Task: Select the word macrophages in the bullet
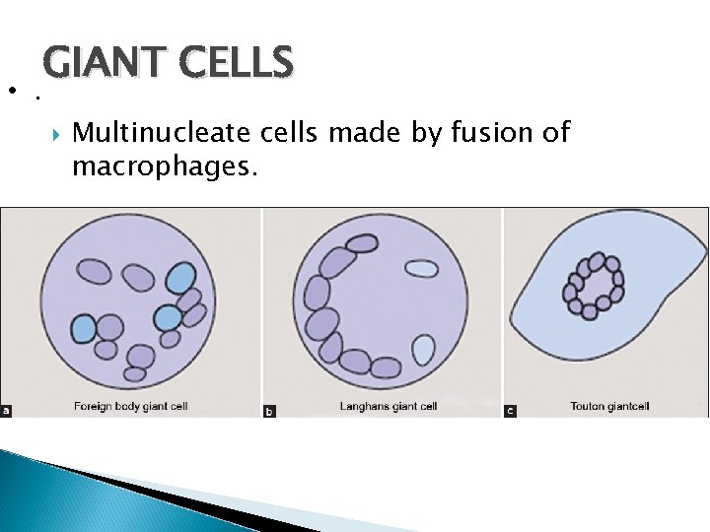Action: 165,166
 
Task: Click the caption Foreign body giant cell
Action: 130,405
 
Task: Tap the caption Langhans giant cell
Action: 388,405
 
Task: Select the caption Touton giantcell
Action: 610,405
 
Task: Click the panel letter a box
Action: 7,409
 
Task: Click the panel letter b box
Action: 270,410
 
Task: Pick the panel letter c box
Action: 510,410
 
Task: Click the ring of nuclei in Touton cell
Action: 593,287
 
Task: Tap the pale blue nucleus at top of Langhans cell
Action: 422,268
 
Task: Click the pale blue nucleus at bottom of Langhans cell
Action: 423,349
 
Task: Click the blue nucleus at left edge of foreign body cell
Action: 83,326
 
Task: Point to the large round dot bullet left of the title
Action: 10,92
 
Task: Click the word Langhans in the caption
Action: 366,405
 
